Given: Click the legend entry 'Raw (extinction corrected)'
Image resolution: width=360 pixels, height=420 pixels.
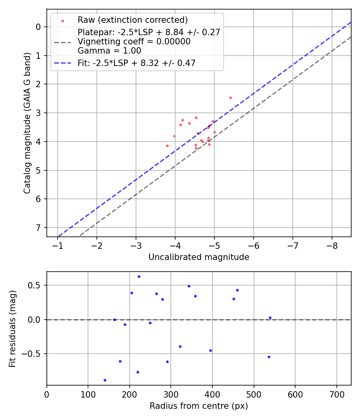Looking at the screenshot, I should click(132, 20).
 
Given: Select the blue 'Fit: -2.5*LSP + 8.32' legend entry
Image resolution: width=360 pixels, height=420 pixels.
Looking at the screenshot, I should click(136, 63).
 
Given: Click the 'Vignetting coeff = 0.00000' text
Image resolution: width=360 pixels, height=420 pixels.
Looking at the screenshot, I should click(134, 42).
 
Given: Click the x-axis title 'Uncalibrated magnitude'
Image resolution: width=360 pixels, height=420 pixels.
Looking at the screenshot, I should click(199, 257).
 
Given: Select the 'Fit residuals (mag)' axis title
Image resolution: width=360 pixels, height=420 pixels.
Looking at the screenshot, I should click(12, 328).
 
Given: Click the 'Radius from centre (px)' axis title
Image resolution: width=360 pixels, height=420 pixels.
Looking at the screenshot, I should click(199, 406).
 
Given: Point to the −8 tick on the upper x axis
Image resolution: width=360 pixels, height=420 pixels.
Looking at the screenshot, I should click(332, 245).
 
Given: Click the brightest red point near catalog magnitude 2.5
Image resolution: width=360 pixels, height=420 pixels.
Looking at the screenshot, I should click(230, 98).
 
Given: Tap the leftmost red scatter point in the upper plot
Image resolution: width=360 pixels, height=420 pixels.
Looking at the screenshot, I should click(167, 146).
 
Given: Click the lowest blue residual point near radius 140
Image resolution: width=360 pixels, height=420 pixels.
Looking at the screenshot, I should click(105, 380).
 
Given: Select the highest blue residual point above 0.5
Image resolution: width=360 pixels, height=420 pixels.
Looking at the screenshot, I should click(139, 276).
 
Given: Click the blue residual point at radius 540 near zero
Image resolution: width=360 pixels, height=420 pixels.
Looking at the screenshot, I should click(270, 318).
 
